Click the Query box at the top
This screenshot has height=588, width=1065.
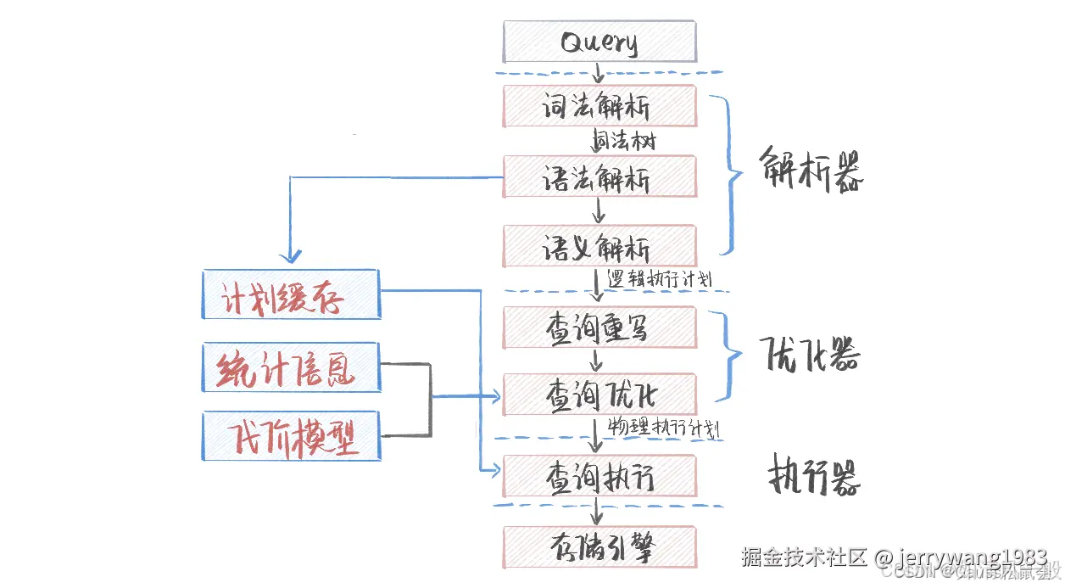point(599,42)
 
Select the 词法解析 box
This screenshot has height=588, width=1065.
point(599,106)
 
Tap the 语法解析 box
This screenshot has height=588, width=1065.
point(599,177)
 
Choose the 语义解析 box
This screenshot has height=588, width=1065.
point(599,246)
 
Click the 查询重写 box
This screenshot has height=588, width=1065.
point(599,328)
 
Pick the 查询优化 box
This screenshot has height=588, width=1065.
point(599,395)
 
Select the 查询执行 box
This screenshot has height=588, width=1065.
point(599,477)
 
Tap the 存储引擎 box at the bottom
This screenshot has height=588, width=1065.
point(599,547)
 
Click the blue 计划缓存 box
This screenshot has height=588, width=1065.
point(291,294)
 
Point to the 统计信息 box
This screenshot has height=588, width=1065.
point(291,368)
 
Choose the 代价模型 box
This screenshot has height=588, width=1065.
point(291,436)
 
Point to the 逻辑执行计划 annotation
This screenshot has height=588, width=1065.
point(664,278)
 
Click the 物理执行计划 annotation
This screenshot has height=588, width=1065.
point(664,427)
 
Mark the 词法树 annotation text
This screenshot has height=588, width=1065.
point(623,140)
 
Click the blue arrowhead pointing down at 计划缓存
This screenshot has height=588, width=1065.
point(291,255)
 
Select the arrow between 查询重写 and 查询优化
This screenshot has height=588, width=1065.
point(597,361)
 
